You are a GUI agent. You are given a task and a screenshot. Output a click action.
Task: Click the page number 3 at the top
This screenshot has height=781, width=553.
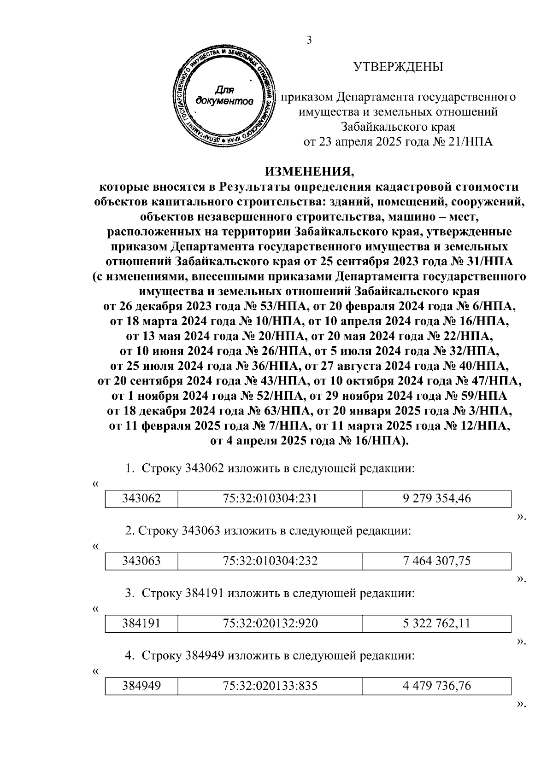pos(309,40)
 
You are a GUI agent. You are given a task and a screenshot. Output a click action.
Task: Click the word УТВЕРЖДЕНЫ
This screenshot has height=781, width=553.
pos(398,67)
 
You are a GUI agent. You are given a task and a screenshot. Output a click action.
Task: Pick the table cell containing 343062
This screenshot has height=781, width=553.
pos(141,498)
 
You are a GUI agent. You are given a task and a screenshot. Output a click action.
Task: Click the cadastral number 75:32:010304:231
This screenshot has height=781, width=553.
pos(270,498)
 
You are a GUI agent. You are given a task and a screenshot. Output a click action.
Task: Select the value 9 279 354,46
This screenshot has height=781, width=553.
pos(436,498)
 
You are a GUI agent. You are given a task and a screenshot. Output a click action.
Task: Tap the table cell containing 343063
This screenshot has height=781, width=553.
pos(141,561)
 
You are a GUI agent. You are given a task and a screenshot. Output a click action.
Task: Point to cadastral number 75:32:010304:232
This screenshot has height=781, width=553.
pos(270,561)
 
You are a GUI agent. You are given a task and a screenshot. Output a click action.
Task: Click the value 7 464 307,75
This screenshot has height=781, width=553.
pos(436,561)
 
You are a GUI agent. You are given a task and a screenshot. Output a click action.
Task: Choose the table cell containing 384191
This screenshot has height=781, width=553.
pos(141,624)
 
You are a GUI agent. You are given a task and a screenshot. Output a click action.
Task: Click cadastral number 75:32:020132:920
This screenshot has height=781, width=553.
pos(270,624)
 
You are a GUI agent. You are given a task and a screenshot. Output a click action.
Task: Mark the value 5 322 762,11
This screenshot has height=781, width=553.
pos(436,624)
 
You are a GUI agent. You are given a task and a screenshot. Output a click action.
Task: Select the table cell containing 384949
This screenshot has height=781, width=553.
pos(141,686)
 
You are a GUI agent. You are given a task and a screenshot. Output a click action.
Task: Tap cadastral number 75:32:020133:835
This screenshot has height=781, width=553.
pos(270,686)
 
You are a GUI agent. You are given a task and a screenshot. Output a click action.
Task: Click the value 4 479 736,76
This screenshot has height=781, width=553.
pos(436,686)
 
